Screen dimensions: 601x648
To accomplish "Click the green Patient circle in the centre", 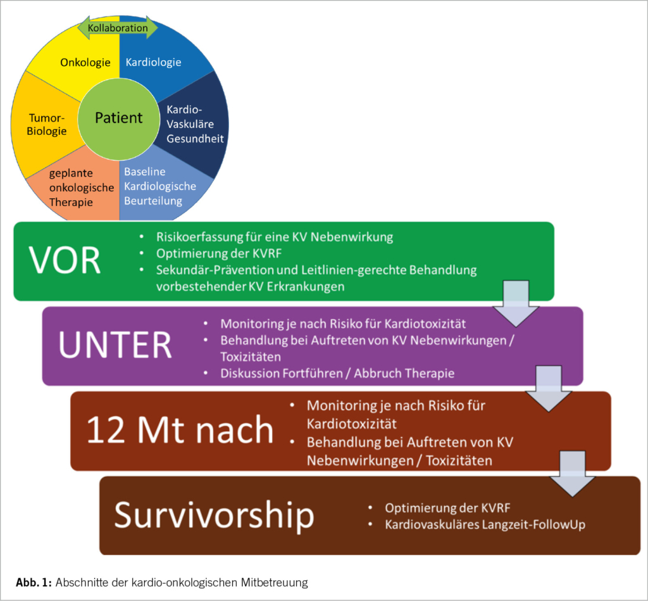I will [x=119, y=118].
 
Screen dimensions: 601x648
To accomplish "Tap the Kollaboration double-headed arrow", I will [x=117, y=28].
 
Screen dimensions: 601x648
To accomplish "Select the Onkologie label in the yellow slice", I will [x=85, y=62].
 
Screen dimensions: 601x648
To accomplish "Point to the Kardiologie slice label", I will [x=153, y=62].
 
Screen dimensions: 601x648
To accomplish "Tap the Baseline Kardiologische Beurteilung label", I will [x=159, y=186].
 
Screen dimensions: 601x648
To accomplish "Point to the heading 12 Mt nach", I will [x=180, y=431].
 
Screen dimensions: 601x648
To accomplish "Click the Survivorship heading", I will [x=214, y=516].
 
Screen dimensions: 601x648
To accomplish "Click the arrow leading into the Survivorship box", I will [x=572, y=474].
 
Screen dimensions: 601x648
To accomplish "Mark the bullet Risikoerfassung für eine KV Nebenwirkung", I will [x=274, y=237].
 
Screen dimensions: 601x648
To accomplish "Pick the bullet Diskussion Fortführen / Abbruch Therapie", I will [x=337, y=373].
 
